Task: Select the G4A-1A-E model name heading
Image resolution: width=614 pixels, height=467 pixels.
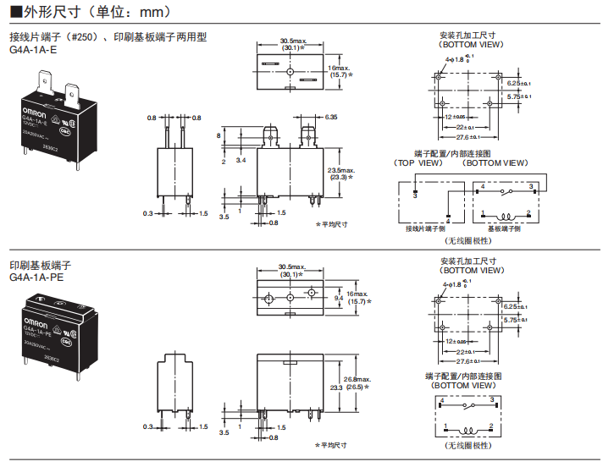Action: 33,49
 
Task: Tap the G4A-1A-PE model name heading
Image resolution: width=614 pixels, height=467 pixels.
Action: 36,277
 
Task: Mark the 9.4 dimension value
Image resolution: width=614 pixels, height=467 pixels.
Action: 339,299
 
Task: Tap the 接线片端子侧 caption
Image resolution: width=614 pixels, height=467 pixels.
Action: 425,228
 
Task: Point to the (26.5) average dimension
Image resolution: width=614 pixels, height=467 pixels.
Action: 341,387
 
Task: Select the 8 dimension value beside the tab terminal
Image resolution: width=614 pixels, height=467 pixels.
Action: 218,135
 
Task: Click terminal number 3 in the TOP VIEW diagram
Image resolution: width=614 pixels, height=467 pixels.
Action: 415,195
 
